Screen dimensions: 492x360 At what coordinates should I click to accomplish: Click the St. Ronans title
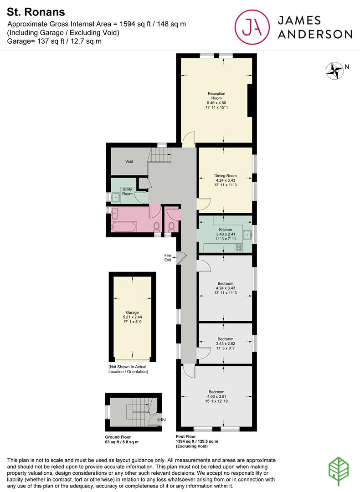click(x=30, y=11)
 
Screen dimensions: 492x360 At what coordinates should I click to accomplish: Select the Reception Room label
click(x=216, y=96)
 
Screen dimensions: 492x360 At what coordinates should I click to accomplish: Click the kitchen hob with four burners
click(x=238, y=248)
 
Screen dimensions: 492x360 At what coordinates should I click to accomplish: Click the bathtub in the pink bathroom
click(x=123, y=226)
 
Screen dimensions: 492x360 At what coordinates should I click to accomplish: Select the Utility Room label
click(x=127, y=191)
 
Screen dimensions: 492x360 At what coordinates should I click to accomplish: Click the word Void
click(x=129, y=161)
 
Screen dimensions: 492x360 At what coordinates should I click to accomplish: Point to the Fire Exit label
click(x=168, y=257)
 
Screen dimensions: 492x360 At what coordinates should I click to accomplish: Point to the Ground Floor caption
click(x=118, y=437)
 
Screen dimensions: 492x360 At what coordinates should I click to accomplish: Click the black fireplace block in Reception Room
click(x=249, y=101)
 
